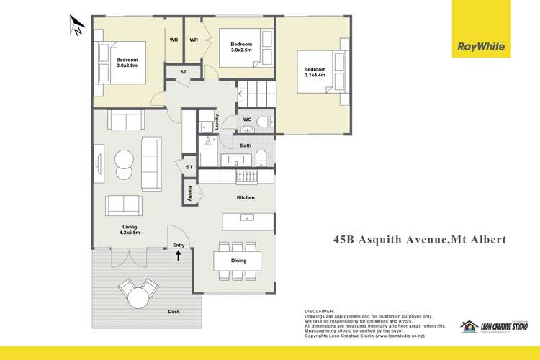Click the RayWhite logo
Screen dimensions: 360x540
tap(483, 48)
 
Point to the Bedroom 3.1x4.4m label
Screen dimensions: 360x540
tap(315, 73)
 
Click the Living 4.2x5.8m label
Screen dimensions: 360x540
tap(130, 229)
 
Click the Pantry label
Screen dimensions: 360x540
tap(190, 193)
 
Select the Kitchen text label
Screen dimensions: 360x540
tap(246, 197)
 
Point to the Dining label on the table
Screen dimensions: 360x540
tap(238, 261)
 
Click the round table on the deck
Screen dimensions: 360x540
tap(138, 295)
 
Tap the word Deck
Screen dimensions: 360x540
tap(173, 312)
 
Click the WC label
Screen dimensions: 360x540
tap(246, 120)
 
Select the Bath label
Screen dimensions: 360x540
tap(246, 145)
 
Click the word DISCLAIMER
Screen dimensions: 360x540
tap(320, 310)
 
